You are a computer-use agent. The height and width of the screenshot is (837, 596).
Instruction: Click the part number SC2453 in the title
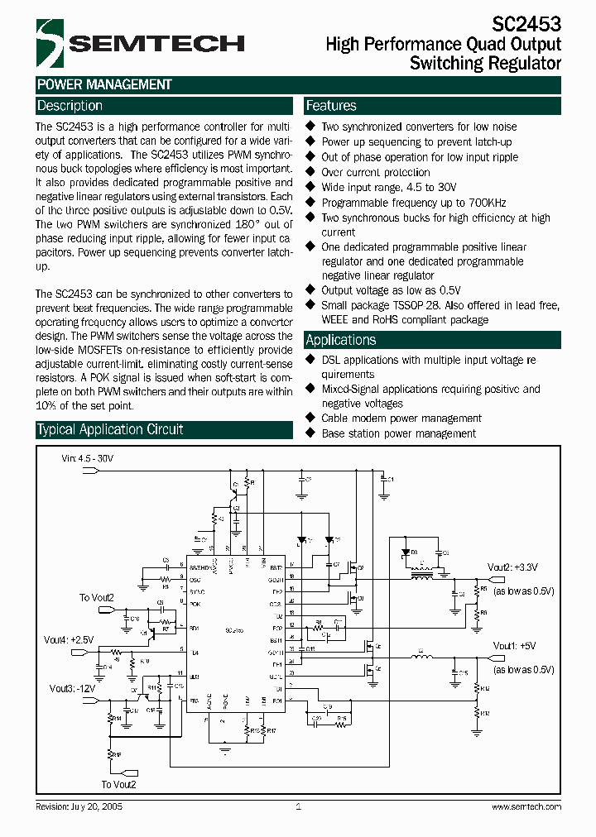point(527,24)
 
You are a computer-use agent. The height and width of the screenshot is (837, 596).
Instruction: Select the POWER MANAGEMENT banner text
point(104,84)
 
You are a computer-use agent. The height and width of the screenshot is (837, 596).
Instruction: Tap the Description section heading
point(70,106)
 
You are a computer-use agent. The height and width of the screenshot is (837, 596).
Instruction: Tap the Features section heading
point(331,106)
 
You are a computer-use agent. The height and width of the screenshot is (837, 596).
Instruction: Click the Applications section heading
point(341,340)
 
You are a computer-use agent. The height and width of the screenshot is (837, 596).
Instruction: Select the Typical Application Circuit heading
point(110,429)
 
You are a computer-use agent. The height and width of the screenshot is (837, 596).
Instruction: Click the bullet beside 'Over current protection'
point(311,172)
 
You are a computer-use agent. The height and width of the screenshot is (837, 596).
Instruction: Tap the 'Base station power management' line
point(398,433)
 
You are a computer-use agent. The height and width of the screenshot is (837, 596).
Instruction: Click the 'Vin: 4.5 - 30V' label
point(88,457)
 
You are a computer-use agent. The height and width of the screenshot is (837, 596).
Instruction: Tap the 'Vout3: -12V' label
point(72,688)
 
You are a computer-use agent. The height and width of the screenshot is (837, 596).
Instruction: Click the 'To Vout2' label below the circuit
point(118,784)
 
